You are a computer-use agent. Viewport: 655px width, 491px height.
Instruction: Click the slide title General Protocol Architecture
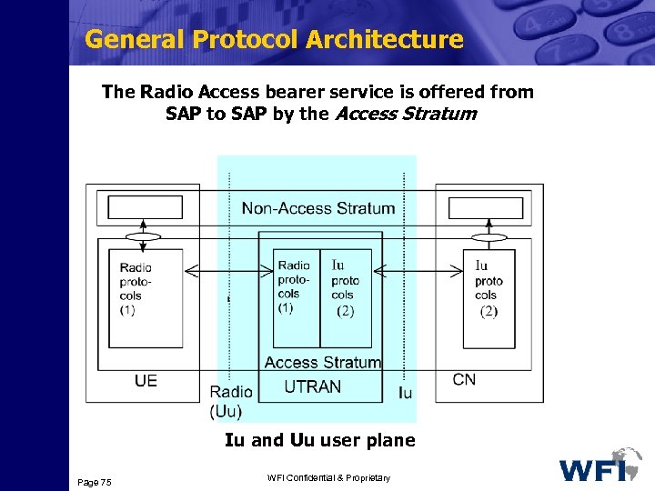[273, 40]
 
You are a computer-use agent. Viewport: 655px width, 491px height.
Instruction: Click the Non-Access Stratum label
[318, 208]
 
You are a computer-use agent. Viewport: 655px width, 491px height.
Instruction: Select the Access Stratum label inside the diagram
[322, 362]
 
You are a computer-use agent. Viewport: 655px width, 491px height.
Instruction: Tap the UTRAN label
[313, 386]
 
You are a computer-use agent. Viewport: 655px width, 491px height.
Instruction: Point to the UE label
[146, 380]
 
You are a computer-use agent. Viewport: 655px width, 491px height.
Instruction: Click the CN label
[464, 379]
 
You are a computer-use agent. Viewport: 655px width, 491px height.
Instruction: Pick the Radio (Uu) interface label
[231, 402]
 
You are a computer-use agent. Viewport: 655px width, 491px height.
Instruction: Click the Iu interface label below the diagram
[406, 393]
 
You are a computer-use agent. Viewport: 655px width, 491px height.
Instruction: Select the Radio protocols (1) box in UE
[146, 298]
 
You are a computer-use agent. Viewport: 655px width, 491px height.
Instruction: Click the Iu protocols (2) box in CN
[489, 298]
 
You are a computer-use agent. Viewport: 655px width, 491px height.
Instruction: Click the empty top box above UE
[146, 207]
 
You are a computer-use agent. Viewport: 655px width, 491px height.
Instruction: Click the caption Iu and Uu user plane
[319, 440]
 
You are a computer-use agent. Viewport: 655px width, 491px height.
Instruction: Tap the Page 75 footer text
[95, 481]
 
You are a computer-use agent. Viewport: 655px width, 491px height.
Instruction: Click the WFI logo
[600, 466]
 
